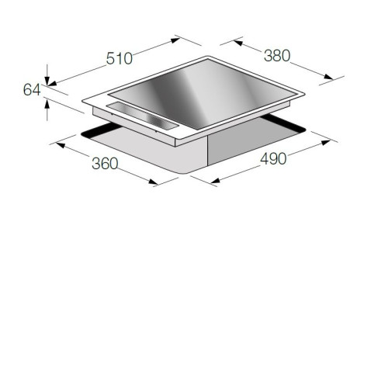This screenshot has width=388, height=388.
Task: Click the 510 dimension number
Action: tap(120, 58)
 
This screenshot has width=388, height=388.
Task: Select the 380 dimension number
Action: tap(277, 56)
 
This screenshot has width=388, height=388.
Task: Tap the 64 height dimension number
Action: tap(32, 90)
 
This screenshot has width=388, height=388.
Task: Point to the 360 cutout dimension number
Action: tap(105, 164)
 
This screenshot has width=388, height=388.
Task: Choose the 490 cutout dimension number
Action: tap(273, 159)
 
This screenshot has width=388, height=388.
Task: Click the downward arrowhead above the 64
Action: tap(47, 81)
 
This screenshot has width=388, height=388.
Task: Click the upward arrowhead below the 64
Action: tap(47, 105)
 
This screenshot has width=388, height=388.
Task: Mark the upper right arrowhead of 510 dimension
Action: tap(175, 40)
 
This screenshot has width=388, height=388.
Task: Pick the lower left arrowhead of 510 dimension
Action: tap(52, 83)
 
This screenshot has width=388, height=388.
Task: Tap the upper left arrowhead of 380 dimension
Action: tap(238, 43)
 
